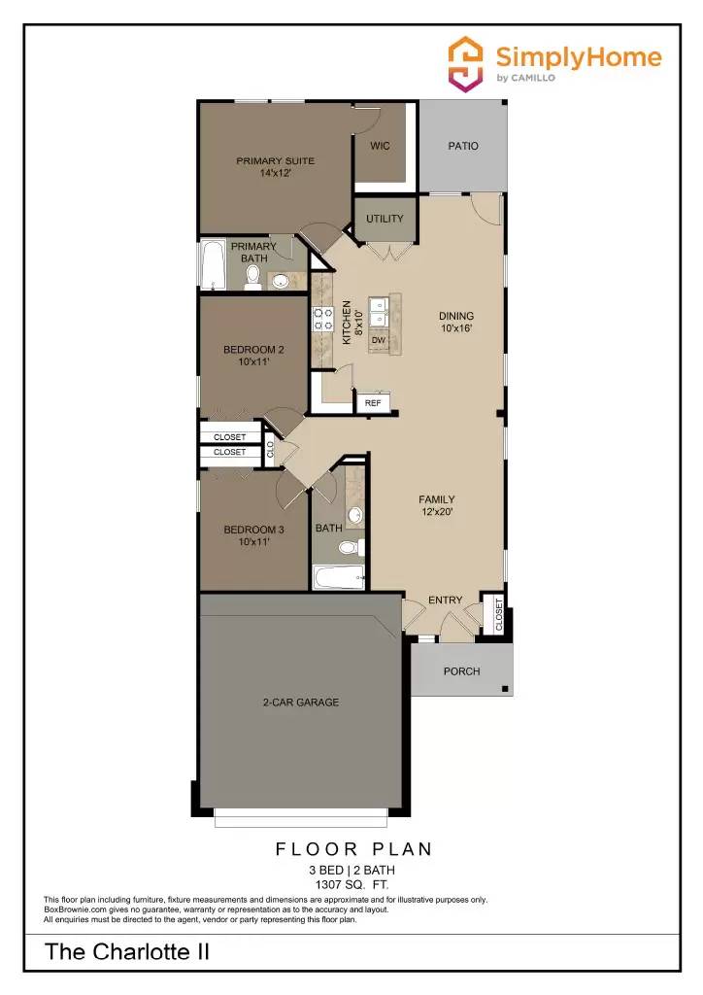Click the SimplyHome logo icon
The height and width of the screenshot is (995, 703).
[465, 64]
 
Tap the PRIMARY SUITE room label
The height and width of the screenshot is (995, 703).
[275, 161]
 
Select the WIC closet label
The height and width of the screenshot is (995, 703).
[380, 146]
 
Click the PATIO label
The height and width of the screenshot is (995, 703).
[462, 146]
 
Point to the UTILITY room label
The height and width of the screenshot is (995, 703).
[385, 219]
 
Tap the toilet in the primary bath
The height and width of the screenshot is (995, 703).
[252, 279]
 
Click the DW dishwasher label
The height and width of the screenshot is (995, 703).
[379, 340]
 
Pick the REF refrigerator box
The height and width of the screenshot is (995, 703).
[373, 402]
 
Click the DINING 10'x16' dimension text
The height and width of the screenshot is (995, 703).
[456, 328]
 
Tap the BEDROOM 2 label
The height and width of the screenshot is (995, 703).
[253, 350]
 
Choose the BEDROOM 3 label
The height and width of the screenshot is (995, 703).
[253, 530]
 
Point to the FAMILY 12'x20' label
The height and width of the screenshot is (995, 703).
[436, 505]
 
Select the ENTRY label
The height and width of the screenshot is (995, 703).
[446, 600]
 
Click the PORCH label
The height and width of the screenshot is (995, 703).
[461, 671]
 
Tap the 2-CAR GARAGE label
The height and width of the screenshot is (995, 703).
[301, 702]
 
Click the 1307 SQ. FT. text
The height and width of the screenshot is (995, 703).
[351, 885]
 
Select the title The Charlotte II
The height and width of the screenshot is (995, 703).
[127, 952]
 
